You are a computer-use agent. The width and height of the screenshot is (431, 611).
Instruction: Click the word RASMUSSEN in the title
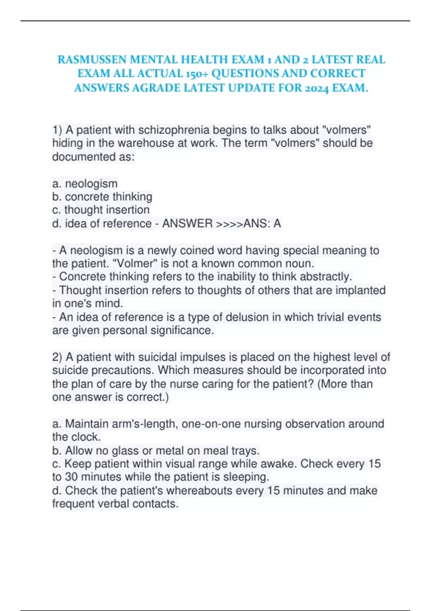(x=92, y=59)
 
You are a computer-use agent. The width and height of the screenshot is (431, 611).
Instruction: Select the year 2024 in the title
(x=316, y=88)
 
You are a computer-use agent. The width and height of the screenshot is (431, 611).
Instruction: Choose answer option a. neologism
(x=85, y=184)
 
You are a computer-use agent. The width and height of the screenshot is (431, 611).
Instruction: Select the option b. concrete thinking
(x=102, y=197)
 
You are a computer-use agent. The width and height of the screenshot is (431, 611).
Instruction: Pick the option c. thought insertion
(x=101, y=210)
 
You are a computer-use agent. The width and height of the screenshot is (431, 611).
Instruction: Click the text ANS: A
(x=262, y=224)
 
